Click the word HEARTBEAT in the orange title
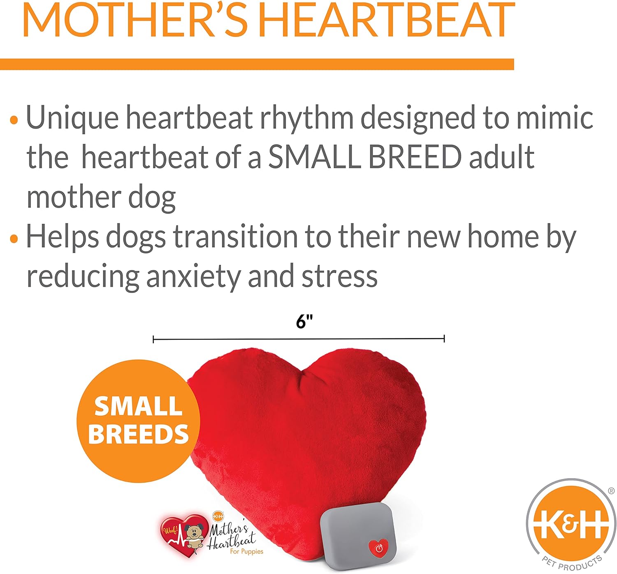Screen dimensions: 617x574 click(386, 19)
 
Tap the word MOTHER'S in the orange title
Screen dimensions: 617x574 click(135, 19)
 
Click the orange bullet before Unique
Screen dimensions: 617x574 click(14, 120)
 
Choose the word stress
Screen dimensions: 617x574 click(340, 277)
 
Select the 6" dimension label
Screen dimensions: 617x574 click(304, 322)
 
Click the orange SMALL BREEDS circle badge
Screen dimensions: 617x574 click(138, 421)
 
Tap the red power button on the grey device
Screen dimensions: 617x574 click(378, 548)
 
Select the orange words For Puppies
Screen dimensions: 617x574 click(247, 552)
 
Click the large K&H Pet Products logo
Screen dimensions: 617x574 click(571, 525)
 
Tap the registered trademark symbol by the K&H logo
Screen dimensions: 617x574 click(611, 491)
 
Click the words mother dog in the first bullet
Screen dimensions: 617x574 click(101, 198)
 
